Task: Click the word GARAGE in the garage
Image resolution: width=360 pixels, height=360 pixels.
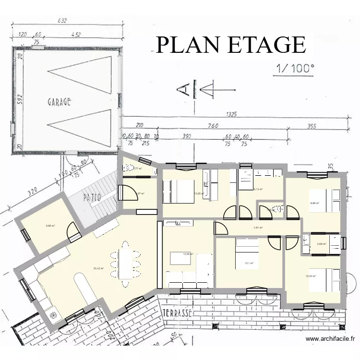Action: pyautogui.click(x=59, y=102)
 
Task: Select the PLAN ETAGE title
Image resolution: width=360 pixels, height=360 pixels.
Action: pyautogui.click(x=231, y=45)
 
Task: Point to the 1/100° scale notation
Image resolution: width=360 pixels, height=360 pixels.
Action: pyautogui.click(x=294, y=68)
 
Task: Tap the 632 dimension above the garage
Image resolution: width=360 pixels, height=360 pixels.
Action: pyautogui.click(x=61, y=21)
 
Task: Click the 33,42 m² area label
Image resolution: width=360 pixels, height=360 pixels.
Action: pyautogui.click(x=99, y=268)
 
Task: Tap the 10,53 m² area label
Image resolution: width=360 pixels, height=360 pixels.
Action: pyautogui.click(x=312, y=276)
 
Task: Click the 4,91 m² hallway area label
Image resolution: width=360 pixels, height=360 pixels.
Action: pyautogui.click(x=258, y=228)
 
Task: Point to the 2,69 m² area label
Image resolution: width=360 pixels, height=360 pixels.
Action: pyautogui.click(x=322, y=244)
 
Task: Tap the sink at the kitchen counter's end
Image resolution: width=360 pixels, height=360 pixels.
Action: pyautogui.click(x=54, y=315)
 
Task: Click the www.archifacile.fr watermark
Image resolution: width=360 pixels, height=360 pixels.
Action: pyautogui.click(x=331, y=339)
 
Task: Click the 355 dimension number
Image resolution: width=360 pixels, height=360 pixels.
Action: pyautogui.click(x=312, y=126)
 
